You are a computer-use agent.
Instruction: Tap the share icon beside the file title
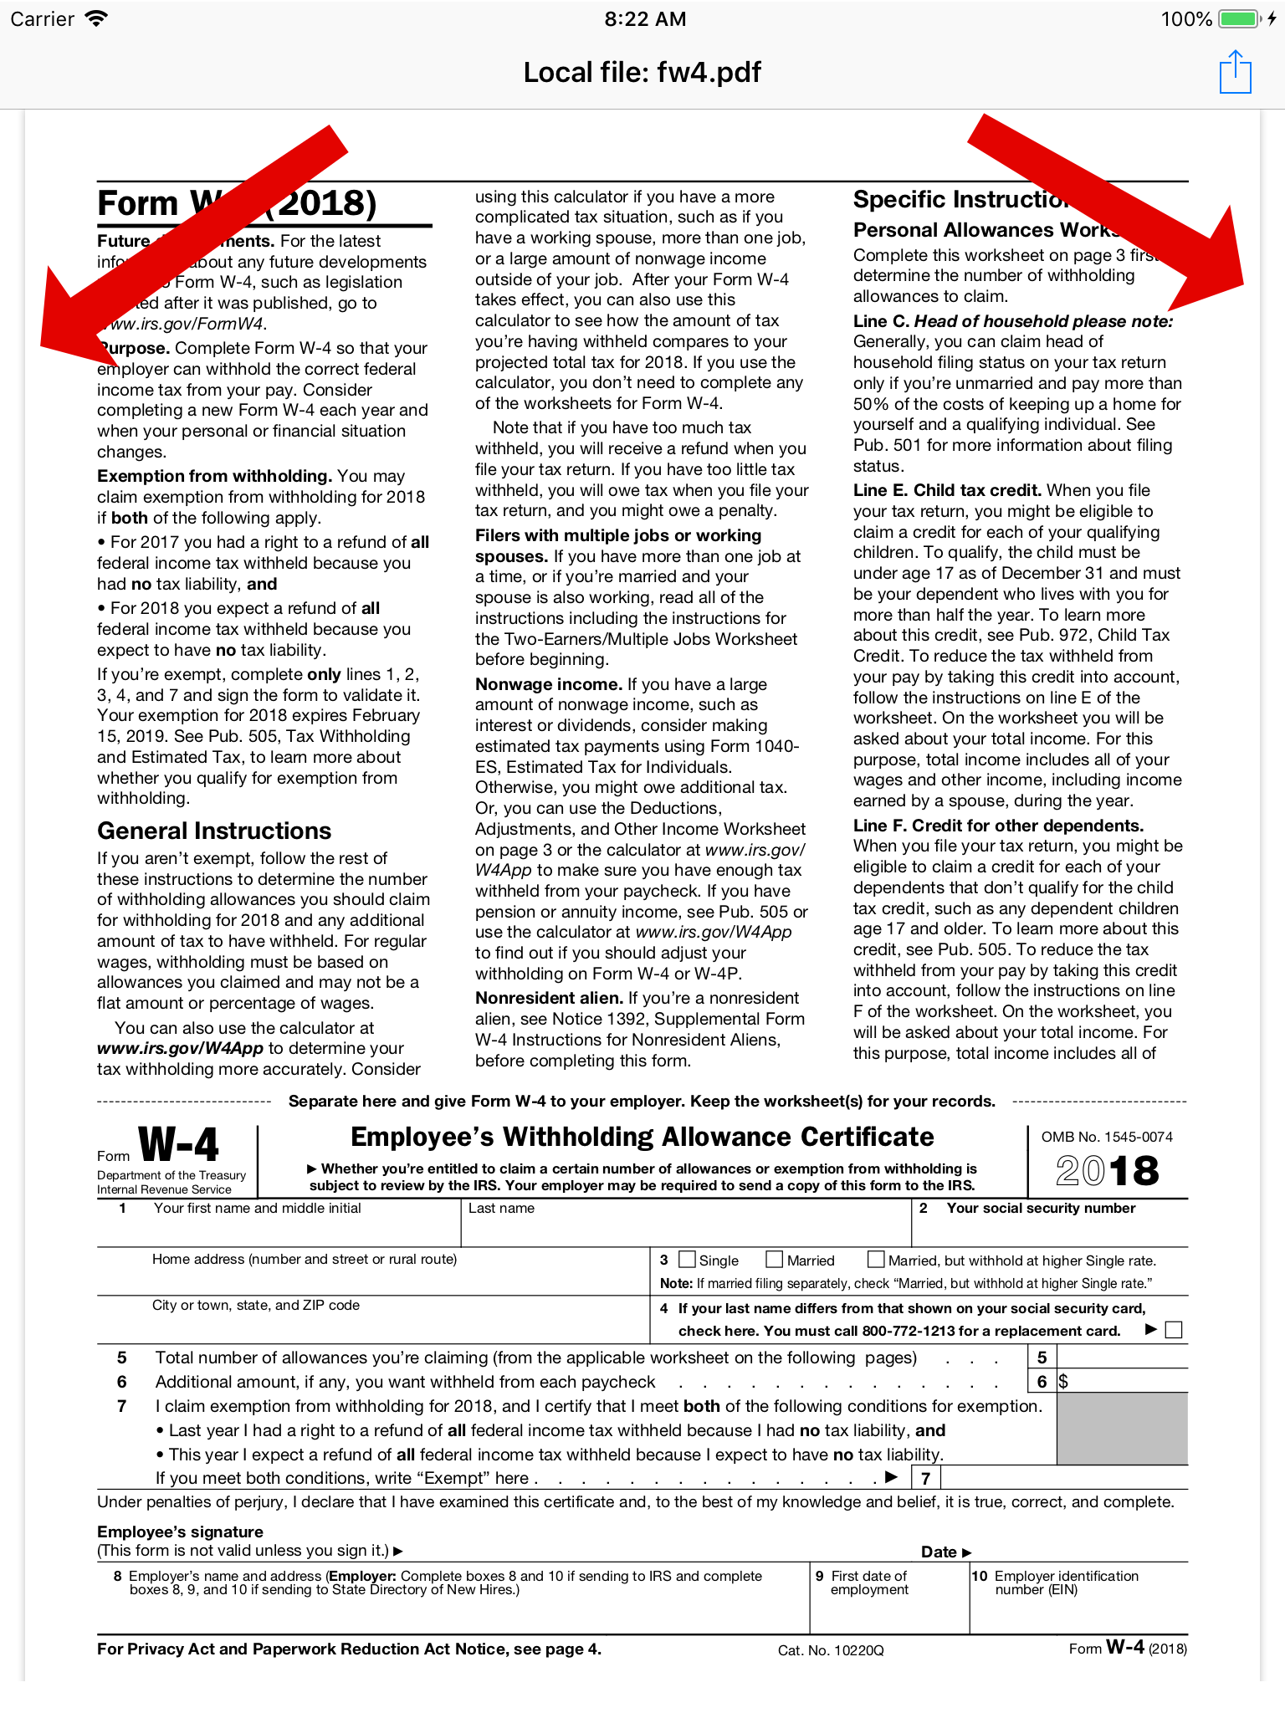[x=1235, y=73]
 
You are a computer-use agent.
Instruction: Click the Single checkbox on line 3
[x=688, y=1259]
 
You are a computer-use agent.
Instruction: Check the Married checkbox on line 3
[x=775, y=1259]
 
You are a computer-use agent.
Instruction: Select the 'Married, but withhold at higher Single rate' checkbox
[x=876, y=1259]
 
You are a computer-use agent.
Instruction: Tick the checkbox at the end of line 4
[x=1174, y=1330]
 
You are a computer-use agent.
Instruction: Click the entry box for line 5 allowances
[x=1122, y=1357]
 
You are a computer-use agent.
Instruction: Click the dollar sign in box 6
[x=1063, y=1382]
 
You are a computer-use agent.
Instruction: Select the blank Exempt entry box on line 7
[x=1062, y=1478]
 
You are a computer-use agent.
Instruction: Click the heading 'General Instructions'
[x=214, y=831]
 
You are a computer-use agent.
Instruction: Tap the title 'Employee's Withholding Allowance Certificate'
[x=642, y=1137]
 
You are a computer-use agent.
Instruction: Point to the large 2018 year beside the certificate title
[x=1107, y=1170]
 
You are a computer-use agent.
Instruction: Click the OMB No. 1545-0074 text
[x=1106, y=1137]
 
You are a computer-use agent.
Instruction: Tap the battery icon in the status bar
[x=1239, y=18]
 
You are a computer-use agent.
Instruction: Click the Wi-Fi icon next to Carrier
[x=97, y=18]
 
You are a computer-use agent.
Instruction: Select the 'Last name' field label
[x=501, y=1208]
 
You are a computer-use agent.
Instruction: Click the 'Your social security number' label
[x=1041, y=1208]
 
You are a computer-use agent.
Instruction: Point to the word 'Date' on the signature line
[x=939, y=1552]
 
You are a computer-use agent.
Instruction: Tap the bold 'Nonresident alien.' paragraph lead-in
[x=549, y=998]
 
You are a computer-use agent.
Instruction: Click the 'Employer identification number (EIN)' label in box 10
[x=1066, y=1583]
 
